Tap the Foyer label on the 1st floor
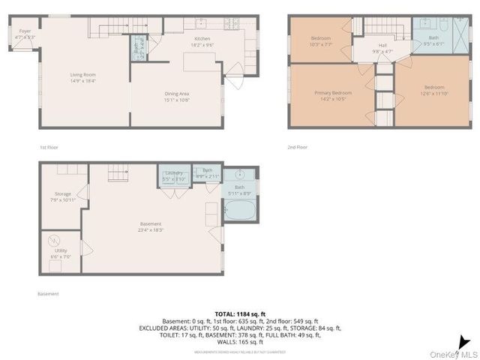[25, 33]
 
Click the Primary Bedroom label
[331, 94]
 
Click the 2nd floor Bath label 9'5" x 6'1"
[434, 40]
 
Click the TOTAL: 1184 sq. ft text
[239, 313]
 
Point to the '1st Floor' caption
[49, 147]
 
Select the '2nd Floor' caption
[298, 147]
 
